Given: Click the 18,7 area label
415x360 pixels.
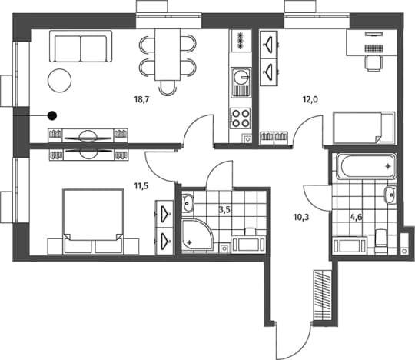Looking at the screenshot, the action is [x=142, y=100].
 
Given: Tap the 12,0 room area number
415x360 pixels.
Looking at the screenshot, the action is [x=310, y=99].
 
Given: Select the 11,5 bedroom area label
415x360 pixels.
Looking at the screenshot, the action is [x=141, y=186].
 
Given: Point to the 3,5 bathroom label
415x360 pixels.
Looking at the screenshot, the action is [x=224, y=210].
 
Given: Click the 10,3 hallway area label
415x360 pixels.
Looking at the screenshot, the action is [x=301, y=218].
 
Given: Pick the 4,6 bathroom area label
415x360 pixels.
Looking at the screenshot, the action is [x=357, y=218].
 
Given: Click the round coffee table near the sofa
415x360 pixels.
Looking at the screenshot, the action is [x=59, y=81].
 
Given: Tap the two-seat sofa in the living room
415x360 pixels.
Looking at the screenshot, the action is [x=81, y=46].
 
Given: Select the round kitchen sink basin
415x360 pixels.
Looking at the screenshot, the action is [x=241, y=77].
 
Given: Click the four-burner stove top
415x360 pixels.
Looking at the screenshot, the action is [x=240, y=118].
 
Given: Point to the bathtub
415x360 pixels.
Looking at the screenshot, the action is [x=367, y=167].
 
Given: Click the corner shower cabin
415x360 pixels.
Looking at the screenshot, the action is [x=198, y=235].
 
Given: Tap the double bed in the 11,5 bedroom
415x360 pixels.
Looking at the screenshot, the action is [x=93, y=222].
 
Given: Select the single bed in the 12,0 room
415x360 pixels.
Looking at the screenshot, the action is [x=364, y=128].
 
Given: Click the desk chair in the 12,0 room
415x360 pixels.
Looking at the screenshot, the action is [x=374, y=64].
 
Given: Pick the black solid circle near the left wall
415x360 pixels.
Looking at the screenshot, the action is [x=52, y=115].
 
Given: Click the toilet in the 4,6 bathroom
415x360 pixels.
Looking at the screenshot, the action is [x=381, y=241].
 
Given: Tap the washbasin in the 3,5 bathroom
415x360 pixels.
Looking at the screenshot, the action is [x=188, y=203].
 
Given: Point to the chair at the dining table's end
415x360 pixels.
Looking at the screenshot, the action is [x=168, y=88].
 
